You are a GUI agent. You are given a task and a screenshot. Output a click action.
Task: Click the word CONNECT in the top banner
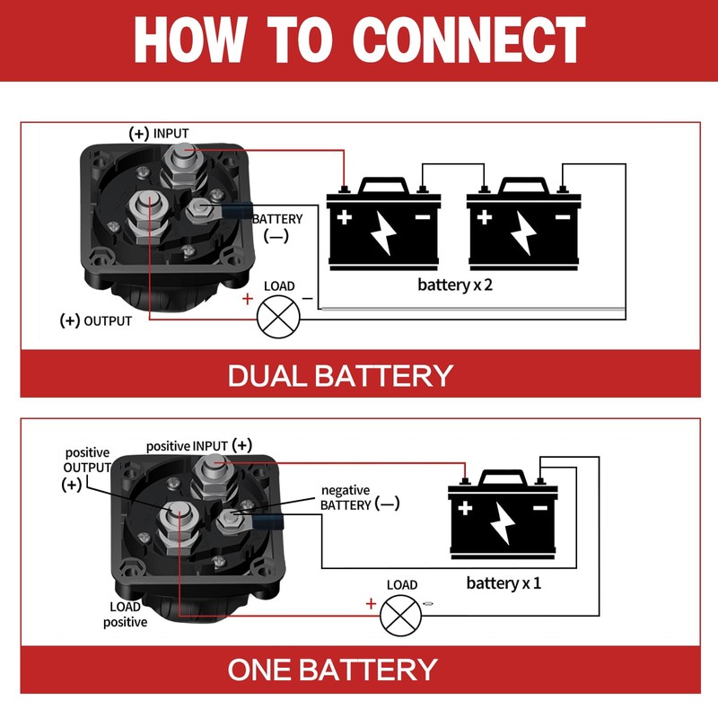[x=468, y=39]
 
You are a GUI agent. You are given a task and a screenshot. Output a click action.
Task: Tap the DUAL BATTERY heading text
[x=340, y=376]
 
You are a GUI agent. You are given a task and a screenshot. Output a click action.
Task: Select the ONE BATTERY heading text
[x=332, y=670]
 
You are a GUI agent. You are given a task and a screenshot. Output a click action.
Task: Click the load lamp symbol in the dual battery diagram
[x=278, y=317]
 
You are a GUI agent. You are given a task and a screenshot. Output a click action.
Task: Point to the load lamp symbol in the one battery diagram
[x=400, y=616]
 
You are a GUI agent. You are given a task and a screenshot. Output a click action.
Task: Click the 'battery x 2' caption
[x=455, y=285]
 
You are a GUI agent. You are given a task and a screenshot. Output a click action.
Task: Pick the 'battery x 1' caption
[x=503, y=582]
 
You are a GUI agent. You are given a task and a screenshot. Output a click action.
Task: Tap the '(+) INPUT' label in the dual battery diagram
[x=159, y=133]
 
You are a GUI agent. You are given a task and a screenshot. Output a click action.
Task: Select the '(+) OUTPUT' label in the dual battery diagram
[x=96, y=320]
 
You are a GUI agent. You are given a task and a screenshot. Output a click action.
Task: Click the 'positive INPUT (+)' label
[x=199, y=445]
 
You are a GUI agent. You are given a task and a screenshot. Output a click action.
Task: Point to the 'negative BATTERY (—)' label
[x=360, y=498]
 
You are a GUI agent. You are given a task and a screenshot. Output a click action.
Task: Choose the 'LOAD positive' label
[x=125, y=615]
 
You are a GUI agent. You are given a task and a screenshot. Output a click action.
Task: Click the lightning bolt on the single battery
[x=503, y=523]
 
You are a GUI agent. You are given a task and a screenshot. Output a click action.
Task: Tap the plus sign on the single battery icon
[x=465, y=508]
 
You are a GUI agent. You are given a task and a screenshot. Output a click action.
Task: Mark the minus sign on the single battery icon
[x=540, y=508]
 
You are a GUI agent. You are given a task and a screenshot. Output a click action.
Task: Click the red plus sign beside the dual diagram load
[x=248, y=299]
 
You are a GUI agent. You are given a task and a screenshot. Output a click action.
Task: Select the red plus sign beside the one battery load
[x=371, y=603]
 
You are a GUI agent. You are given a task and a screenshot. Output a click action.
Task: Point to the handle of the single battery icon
[x=503, y=477]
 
